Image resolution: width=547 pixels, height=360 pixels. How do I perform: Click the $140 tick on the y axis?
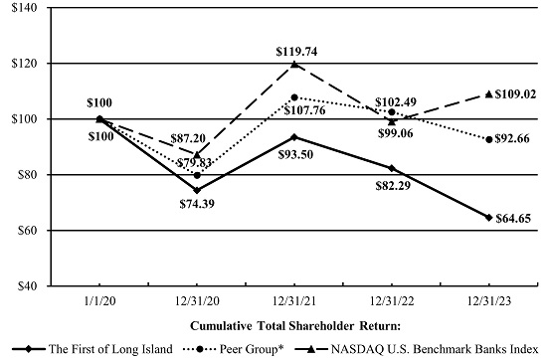click(x=22, y=8)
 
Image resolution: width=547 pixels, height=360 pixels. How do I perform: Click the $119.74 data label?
click(x=294, y=51)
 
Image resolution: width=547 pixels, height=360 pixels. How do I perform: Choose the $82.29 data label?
click(x=394, y=185)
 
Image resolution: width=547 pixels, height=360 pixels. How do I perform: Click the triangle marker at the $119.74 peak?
click(x=294, y=65)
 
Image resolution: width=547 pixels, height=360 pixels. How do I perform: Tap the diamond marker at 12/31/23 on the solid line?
click(x=488, y=217)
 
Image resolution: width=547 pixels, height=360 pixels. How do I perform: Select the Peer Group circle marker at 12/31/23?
click(x=488, y=139)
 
